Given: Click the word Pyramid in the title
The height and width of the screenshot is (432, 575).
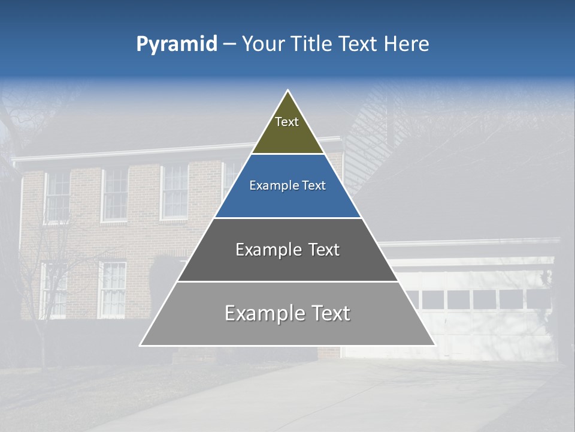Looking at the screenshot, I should pyautogui.click(x=176, y=44).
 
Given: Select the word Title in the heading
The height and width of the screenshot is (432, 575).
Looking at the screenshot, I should pyautogui.click(x=311, y=44).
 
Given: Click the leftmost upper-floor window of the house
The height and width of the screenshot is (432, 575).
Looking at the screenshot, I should pyautogui.click(x=58, y=196).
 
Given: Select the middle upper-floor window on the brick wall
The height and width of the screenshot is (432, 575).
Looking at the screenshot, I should pyautogui.click(x=115, y=193).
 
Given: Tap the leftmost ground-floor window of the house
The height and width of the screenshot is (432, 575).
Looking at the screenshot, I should pyautogui.click(x=53, y=289).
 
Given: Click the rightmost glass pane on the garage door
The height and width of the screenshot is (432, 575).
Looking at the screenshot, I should pyautogui.click(x=537, y=299).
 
